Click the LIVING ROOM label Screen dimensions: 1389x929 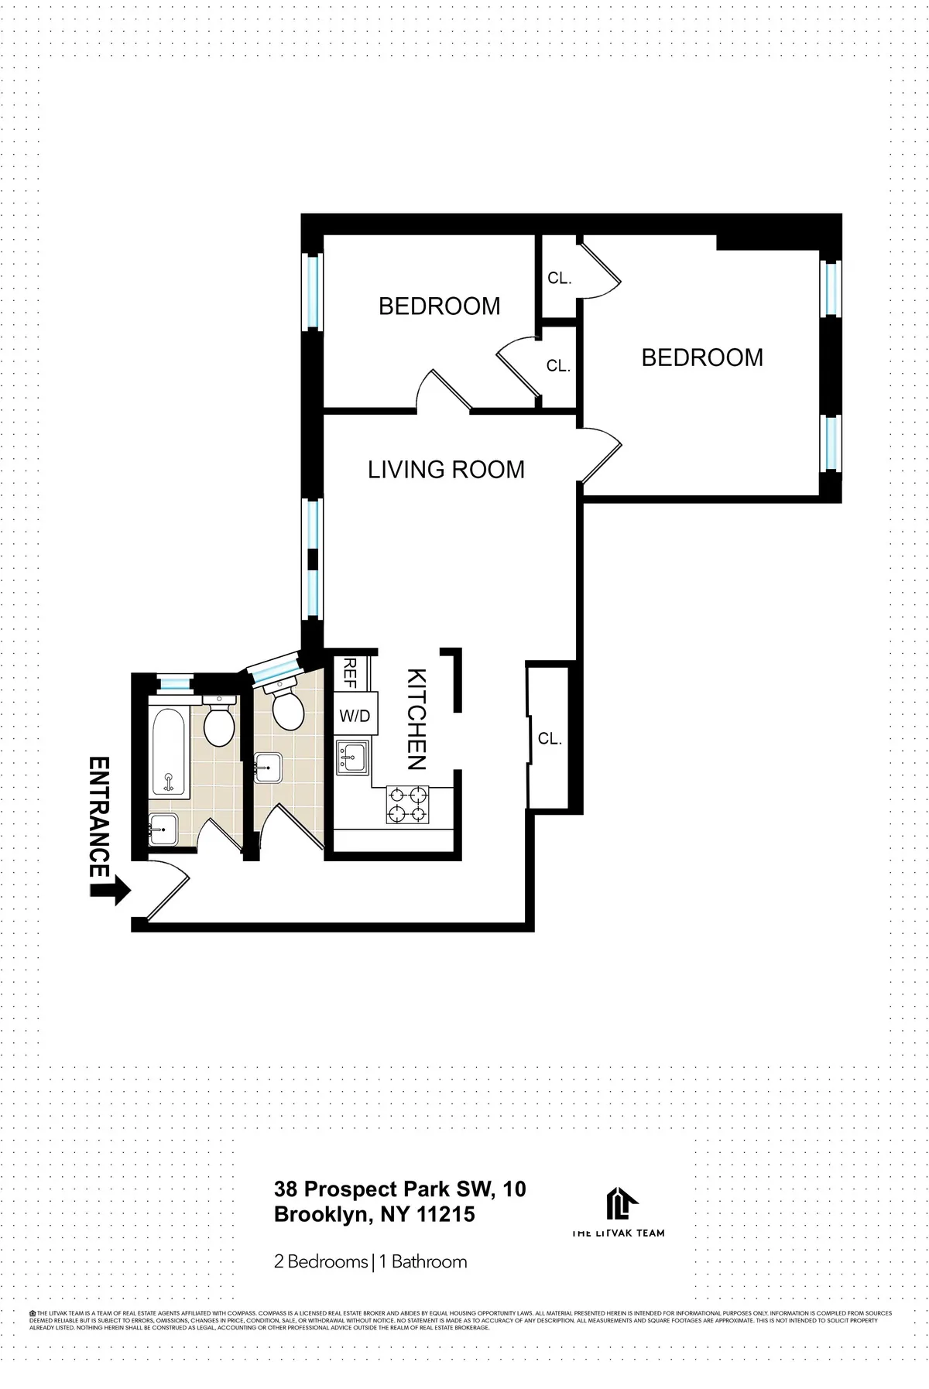pyautogui.click(x=446, y=470)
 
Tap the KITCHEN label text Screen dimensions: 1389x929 pyautogui.click(x=417, y=719)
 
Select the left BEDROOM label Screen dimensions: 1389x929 pyautogui.click(x=439, y=306)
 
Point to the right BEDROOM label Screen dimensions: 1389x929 pyautogui.click(x=702, y=358)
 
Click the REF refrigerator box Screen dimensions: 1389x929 pyautogui.click(x=349, y=672)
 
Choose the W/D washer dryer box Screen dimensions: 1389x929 pyautogui.click(x=355, y=717)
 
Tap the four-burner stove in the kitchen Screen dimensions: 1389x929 pyautogui.click(x=407, y=804)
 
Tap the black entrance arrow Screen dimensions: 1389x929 pyautogui.click(x=111, y=889)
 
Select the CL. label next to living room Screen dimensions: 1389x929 pyautogui.click(x=550, y=739)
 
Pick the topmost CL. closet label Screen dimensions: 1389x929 pyautogui.click(x=559, y=279)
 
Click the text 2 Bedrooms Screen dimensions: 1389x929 pyautogui.click(x=321, y=1262)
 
